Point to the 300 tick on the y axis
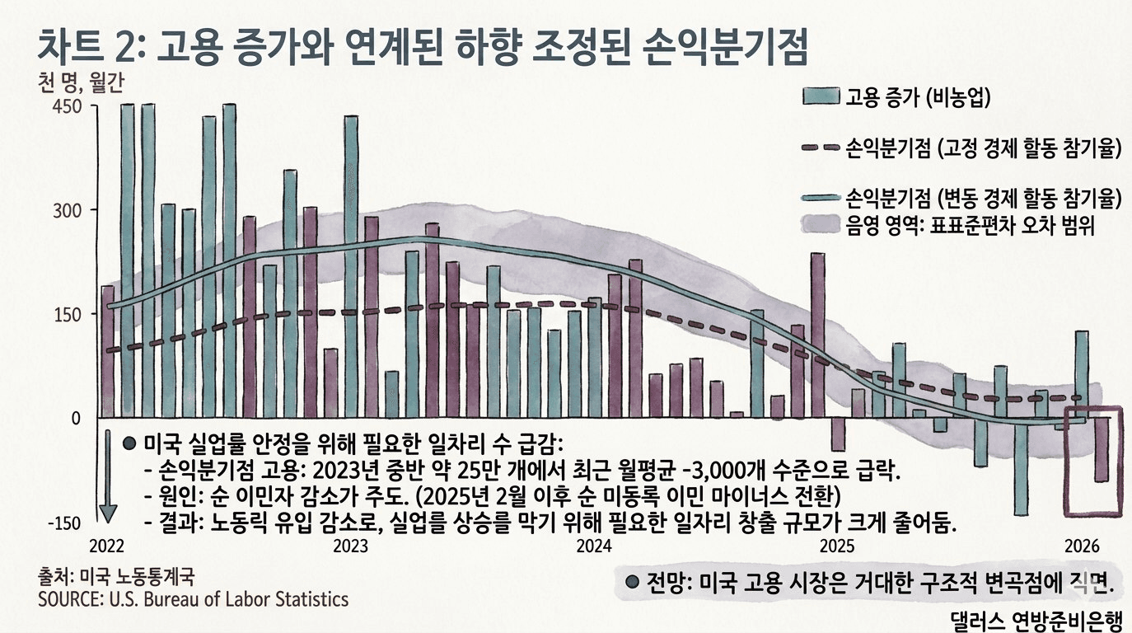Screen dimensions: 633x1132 coord(68,210)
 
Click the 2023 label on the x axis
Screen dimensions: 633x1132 coord(350,546)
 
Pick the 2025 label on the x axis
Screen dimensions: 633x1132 coord(837,546)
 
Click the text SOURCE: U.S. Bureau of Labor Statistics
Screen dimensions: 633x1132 coord(193,599)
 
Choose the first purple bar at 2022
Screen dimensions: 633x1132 coord(107,351)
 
